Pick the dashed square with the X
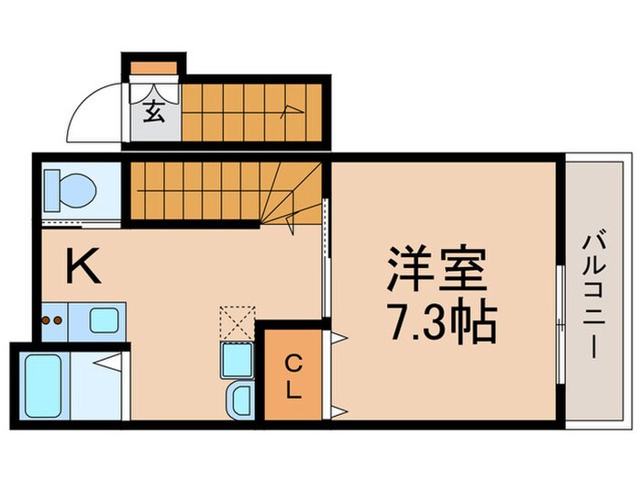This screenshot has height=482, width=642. (234, 322)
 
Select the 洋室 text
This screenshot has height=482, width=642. (438, 269)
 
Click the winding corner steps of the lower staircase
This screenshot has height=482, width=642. (292, 197)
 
